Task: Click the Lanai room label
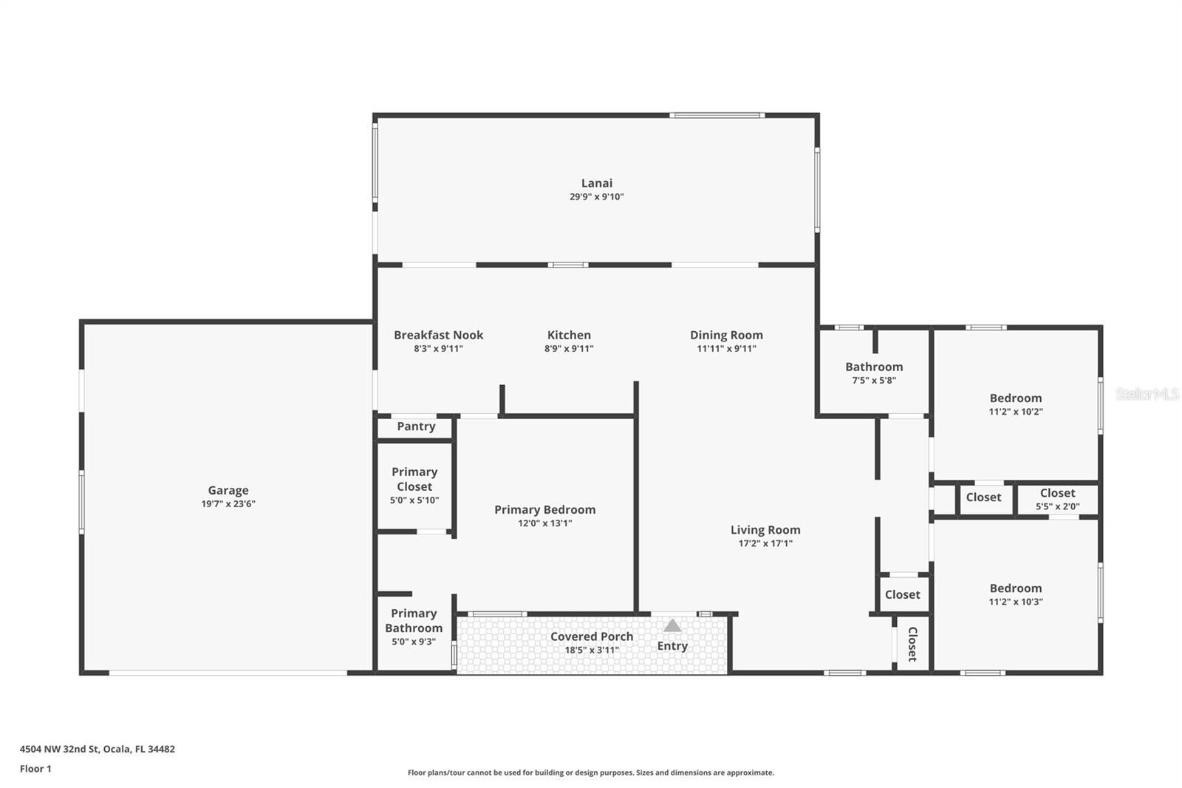tap(596, 183)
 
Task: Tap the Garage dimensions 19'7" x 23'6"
tap(228, 504)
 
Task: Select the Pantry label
tap(416, 427)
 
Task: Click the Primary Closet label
tap(414, 479)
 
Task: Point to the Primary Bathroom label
tap(414, 620)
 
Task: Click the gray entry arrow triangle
tap(672, 626)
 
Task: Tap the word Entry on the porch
tap(672, 646)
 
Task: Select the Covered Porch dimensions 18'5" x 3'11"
tap(591, 651)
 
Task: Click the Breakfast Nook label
tap(438, 335)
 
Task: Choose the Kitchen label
tap(569, 335)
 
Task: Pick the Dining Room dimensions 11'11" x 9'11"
tap(726, 349)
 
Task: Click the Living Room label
tap(765, 530)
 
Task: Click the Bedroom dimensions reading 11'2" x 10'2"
tap(1016, 412)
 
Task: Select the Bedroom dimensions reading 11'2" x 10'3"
tap(1016, 602)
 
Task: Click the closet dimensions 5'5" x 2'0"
tap(1057, 507)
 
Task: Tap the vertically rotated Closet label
tap(912, 644)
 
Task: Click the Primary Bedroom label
tap(544, 510)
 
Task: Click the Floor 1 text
tap(35, 769)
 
